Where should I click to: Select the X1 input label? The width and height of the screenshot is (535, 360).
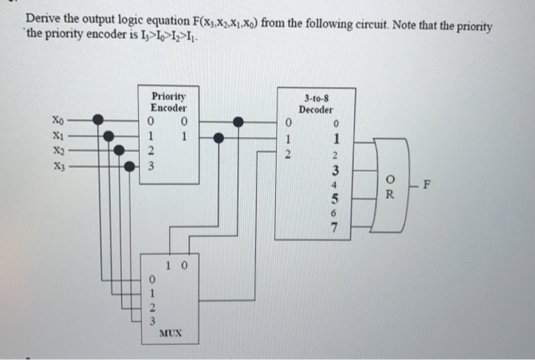pos(58,134)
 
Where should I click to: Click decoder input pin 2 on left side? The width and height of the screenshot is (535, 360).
pos(287,153)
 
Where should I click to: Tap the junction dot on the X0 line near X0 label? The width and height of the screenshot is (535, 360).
pos(98,119)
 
